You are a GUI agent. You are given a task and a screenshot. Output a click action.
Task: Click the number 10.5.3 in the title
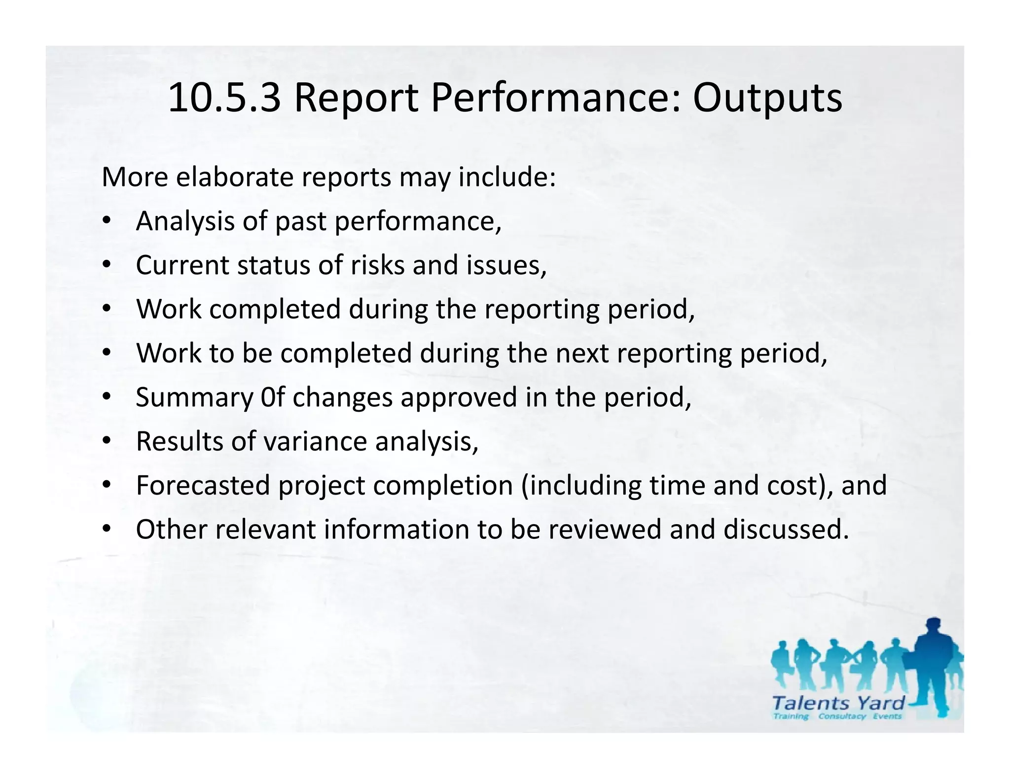click(x=225, y=99)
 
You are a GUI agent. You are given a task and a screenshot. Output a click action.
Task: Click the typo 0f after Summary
click(x=273, y=397)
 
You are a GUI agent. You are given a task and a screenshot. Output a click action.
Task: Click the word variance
click(x=316, y=441)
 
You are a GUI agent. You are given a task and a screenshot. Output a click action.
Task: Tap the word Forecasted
click(x=203, y=486)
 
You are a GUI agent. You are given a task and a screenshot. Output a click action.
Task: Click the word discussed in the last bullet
click(x=786, y=530)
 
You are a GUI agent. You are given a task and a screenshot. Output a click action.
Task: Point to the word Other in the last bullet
click(x=171, y=530)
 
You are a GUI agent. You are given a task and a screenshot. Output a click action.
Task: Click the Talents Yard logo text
click(x=838, y=703)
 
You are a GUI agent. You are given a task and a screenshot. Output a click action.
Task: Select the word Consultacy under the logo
click(x=842, y=716)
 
